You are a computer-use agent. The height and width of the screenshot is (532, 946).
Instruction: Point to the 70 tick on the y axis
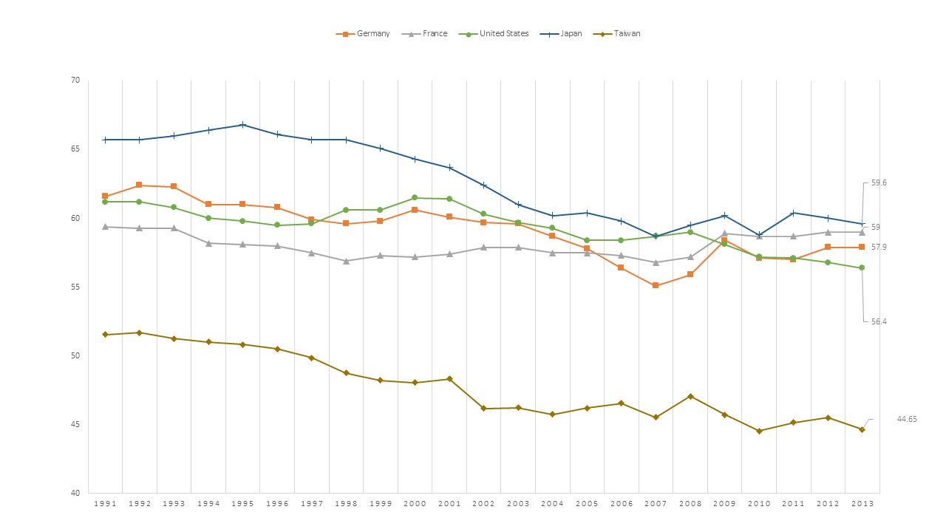(x=75, y=80)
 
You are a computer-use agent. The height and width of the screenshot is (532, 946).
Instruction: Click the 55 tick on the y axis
(x=75, y=287)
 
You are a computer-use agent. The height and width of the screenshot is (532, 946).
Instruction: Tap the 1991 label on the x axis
(x=105, y=503)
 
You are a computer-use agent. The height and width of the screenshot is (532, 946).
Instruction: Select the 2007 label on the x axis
(x=656, y=503)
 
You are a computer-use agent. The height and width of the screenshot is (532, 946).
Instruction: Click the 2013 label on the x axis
(x=862, y=503)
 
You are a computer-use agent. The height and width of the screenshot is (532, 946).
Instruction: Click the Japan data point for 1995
(x=242, y=125)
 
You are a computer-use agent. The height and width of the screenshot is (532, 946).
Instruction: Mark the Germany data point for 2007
(x=656, y=285)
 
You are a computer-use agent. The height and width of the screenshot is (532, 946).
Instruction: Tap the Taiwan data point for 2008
(x=690, y=397)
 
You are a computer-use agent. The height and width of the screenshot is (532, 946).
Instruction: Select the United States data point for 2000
(x=415, y=198)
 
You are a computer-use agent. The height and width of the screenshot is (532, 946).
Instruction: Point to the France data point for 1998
(x=346, y=261)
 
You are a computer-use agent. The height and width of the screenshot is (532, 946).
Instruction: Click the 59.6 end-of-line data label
(x=879, y=183)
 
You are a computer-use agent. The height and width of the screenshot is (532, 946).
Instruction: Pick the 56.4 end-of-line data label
(x=879, y=321)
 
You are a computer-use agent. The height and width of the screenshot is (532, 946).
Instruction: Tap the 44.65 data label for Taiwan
(x=907, y=419)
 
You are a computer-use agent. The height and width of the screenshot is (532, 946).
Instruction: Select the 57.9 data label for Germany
(x=879, y=247)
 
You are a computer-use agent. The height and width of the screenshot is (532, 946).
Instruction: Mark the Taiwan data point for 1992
(x=139, y=332)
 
